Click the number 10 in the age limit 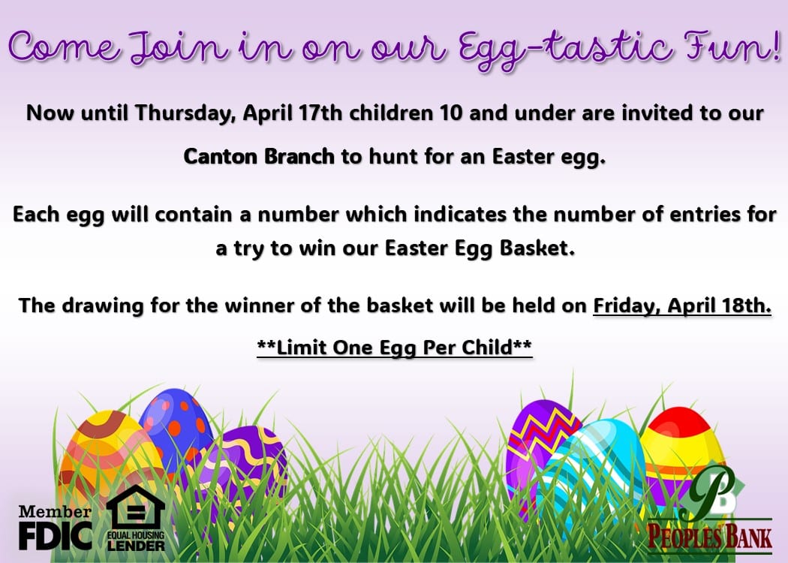450,113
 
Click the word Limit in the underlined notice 301,348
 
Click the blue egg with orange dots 176,421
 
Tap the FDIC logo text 56,535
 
